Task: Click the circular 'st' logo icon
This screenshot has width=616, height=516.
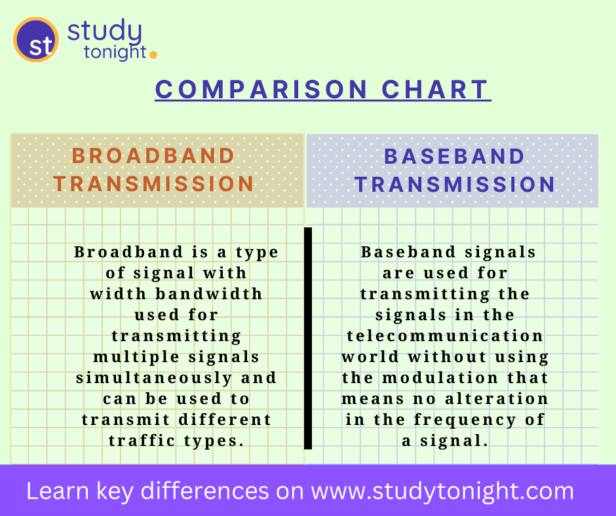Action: [x=36, y=40]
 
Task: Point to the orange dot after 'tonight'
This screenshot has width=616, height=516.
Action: [x=153, y=55]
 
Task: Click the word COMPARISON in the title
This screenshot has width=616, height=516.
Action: [x=262, y=90]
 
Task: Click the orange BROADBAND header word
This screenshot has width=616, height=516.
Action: [x=153, y=156]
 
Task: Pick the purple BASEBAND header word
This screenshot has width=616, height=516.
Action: [x=455, y=157]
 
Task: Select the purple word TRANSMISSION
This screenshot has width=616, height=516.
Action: [x=455, y=185]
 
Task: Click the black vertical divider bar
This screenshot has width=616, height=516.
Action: [x=308, y=338]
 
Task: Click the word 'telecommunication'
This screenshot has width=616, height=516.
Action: [x=446, y=336]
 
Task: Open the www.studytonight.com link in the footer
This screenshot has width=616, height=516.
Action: [x=442, y=491]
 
